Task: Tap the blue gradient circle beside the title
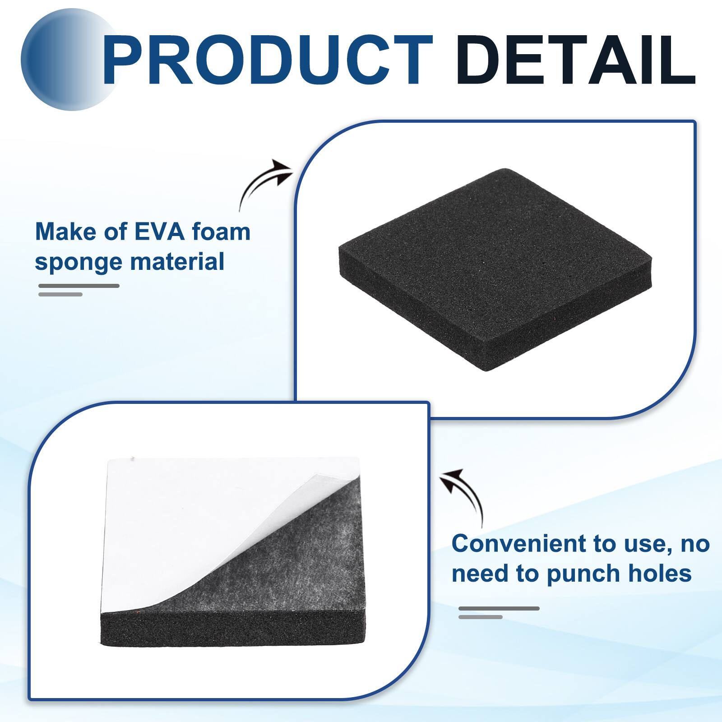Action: [x=63, y=61]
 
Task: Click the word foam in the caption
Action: [x=221, y=232]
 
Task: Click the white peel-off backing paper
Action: [x=190, y=519]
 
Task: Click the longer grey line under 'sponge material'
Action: [x=79, y=286]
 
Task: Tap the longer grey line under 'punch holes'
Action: [x=499, y=608]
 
